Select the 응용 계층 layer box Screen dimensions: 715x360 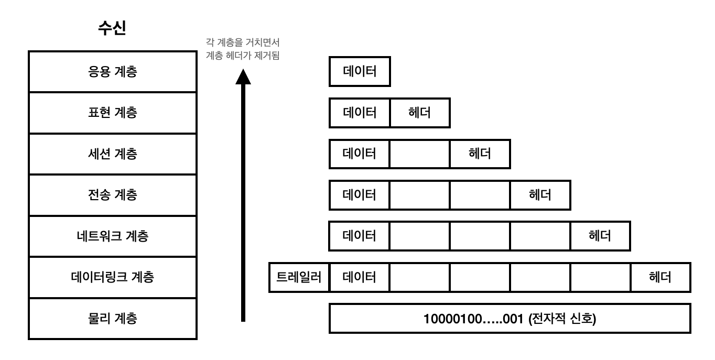point(112,72)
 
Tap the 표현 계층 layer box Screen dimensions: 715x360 point(112,113)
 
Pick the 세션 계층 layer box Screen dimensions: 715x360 point(112,154)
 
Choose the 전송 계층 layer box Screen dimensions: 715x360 point(112,195)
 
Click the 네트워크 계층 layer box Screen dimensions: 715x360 point(112,236)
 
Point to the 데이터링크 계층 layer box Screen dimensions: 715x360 point(112,277)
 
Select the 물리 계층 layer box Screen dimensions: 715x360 point(112,319)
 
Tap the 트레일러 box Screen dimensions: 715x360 point(298,277)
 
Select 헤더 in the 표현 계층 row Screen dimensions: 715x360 point(419,113)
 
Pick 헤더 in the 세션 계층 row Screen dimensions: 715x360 point(480,154)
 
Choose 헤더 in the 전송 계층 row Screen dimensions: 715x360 point(540,195)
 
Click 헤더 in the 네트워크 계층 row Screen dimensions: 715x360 point(600,236)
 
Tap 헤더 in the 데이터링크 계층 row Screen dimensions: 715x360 point(660,277)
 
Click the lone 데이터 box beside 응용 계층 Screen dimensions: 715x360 point(360,72)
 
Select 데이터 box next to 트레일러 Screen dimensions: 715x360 point(360,277)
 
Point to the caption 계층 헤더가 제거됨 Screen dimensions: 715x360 point(242,57)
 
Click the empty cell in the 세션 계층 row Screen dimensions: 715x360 point(419,154)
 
